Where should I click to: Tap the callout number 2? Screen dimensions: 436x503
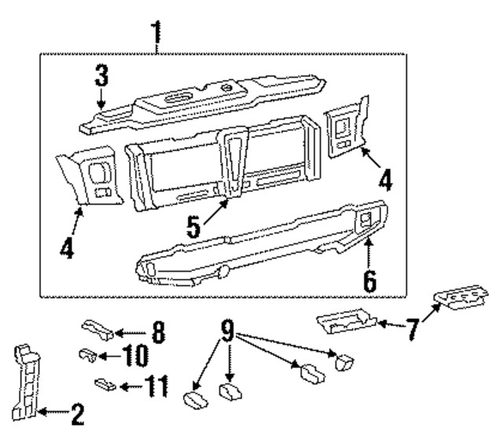[78, 412]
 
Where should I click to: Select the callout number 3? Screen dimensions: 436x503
[102, 77]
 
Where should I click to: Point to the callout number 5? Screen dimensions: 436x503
[193, 228]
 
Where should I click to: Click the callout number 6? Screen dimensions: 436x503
[369, 278]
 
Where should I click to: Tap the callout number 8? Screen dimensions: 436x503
[158, 332]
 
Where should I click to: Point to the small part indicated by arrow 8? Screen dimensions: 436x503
[98, 328]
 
